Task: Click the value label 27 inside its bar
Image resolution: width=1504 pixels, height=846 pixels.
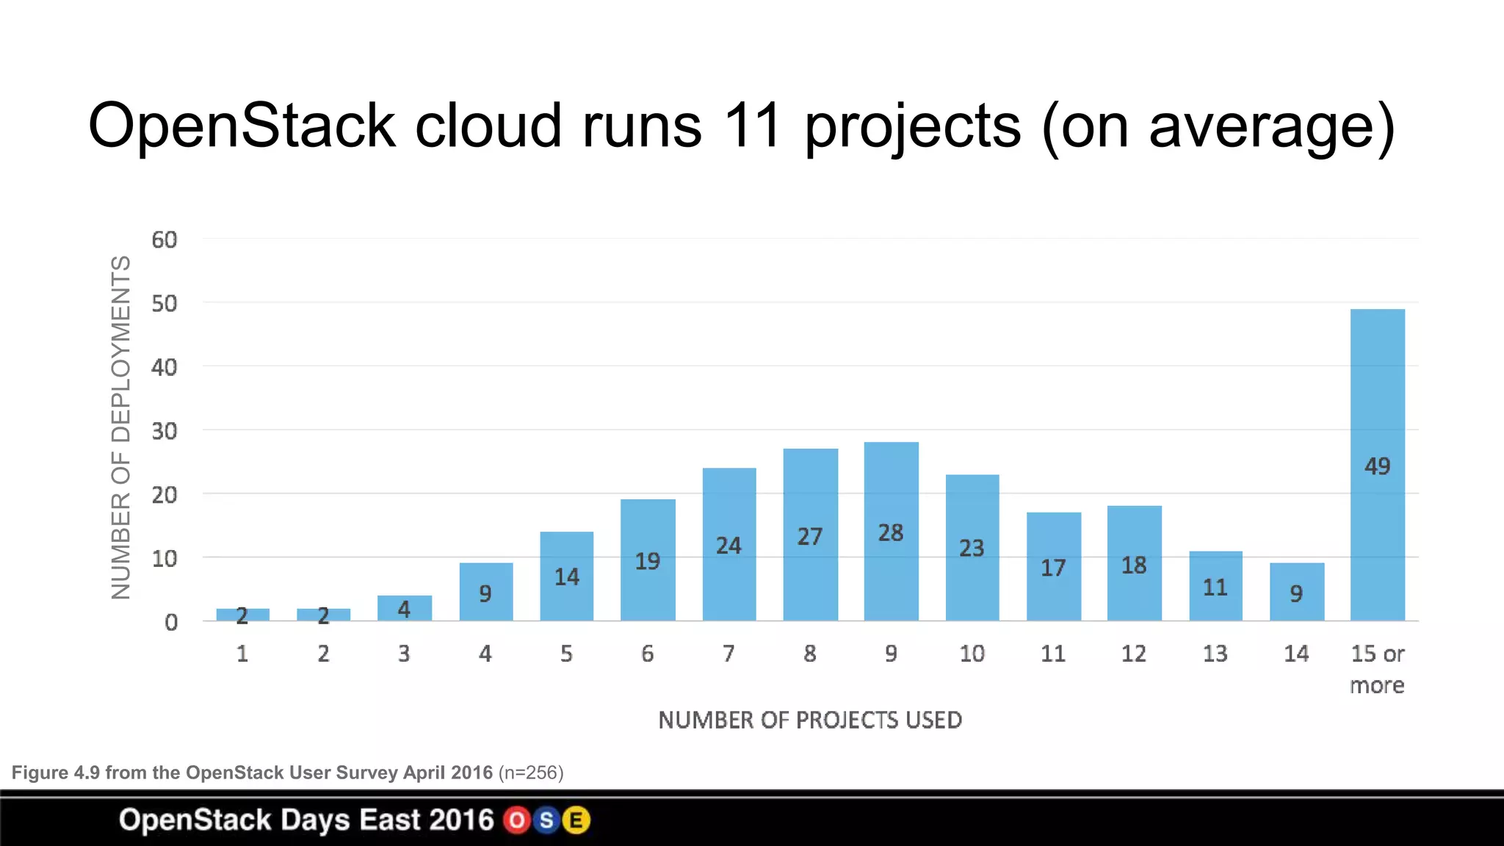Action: [810, 537]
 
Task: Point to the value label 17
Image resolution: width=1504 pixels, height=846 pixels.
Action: [1053, 568]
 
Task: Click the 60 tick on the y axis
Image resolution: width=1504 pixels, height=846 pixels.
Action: [164, 239]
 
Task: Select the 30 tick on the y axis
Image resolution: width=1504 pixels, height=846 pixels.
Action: [164, 431]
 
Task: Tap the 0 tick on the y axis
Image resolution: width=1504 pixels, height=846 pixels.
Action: [171, 623]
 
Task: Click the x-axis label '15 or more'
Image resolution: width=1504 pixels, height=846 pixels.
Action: [1377, 669]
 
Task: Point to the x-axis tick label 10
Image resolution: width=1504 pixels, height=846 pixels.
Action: [972, 654]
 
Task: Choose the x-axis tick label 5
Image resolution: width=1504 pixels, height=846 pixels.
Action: [566, 654]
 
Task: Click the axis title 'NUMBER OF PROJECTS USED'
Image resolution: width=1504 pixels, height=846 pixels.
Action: [810, 720]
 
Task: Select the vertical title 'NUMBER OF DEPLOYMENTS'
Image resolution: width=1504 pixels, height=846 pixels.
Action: [121, 427]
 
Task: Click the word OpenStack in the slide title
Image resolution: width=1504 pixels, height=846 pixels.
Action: [242, 126]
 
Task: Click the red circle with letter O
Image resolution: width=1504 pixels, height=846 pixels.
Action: [517, 820]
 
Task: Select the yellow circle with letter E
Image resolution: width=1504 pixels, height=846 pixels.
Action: [576, 820]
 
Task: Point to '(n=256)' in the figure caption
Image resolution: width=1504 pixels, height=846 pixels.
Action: [531, 773]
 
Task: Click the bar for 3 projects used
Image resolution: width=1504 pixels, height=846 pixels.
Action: [405, 608]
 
